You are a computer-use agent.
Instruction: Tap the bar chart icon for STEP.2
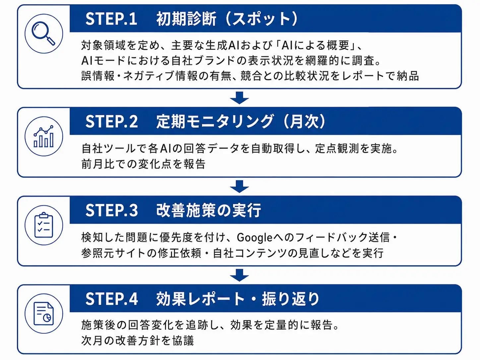(x=43, y=136)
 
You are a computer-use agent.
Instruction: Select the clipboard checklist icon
(x=44, y=225)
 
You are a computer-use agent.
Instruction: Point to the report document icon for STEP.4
(x=43, y=314)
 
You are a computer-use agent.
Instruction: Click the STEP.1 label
(x=111, y=19)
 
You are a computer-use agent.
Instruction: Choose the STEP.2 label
(x=111, y=122)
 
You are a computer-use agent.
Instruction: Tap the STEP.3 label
(x=111, y=210)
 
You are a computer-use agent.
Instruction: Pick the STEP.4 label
(x=111, y=299)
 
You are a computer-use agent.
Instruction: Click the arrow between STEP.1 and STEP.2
(x=239, y=98)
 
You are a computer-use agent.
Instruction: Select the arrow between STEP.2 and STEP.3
(x=239, y=186)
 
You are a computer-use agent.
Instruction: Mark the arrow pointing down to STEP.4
(x=239, y=275)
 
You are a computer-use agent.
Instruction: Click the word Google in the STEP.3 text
(x=255, y=238)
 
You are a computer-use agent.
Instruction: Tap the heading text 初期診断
(x=186, y=19)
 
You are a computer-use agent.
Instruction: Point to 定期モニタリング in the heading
(x=215, y=122)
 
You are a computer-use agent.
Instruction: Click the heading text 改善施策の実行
(x=209, y=210)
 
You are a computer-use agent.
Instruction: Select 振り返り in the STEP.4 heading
(x=291, y=299)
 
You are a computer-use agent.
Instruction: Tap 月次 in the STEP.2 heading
(x=304, y=122)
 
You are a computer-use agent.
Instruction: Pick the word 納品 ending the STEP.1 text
(x=408, y=76)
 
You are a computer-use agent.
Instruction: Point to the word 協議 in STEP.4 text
(x=183, y=340)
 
